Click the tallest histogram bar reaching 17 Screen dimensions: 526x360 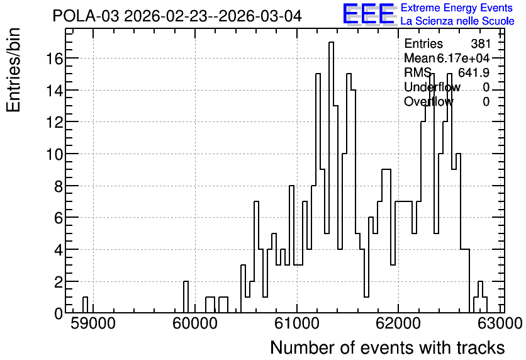[331, 177]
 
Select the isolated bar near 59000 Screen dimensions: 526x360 [85, 305]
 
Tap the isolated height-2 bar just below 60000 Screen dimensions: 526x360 [186, 297]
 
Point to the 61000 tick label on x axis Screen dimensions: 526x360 [297, 324]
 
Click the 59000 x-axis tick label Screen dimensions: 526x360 [93, 324]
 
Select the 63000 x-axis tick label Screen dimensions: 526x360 [500, 324]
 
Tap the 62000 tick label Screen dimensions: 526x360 [398, 324]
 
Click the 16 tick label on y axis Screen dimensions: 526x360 [55, 59]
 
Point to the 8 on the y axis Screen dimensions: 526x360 [59, 186]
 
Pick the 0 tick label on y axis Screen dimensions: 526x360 [59, 313]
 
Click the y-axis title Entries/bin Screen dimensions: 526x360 [13, 70]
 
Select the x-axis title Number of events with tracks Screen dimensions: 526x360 [388, 347]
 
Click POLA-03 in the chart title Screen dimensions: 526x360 [86, 16]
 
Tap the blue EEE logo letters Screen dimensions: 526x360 [369, 14]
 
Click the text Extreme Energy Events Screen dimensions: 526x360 [457, 8]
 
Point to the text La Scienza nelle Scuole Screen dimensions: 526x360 [457, 21]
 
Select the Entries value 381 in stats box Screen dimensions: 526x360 [480, 43]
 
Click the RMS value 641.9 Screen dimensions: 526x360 [474, 72]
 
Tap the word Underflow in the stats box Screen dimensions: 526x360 [432, 87]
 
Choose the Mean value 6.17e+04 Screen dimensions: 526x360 [463, 59]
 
